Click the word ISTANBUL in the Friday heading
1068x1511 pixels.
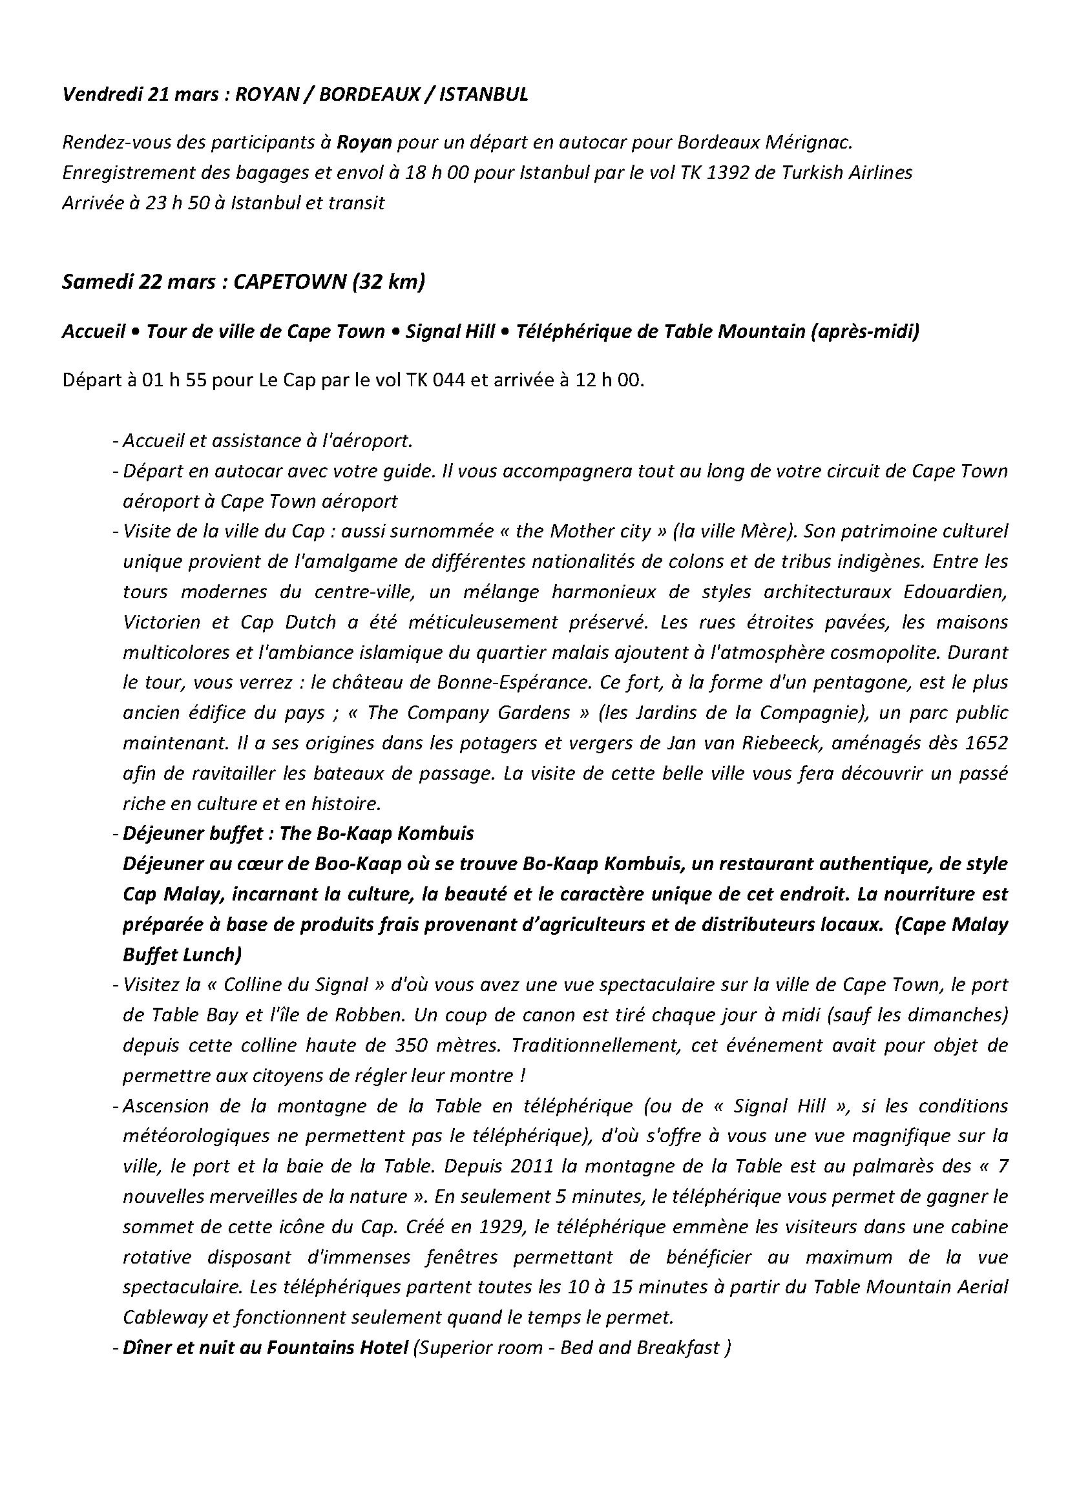tap(483, 96)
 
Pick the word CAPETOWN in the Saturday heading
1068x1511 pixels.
tap(289, 282)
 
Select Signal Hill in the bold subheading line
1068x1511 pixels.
tap(450, 331)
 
